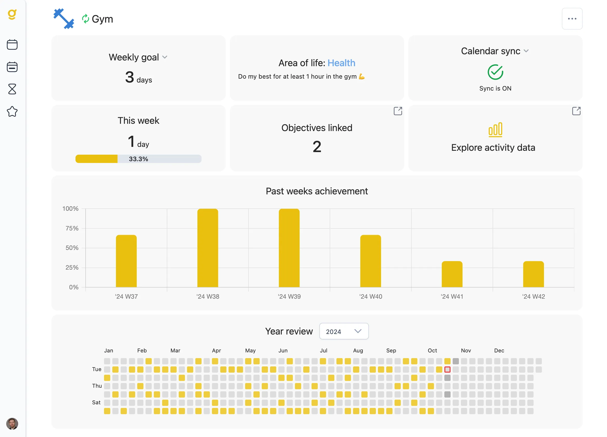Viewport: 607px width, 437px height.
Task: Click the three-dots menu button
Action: [572, 19]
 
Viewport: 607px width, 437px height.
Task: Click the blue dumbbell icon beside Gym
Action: [64, 19]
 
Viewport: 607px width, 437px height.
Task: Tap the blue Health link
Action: [341, 63]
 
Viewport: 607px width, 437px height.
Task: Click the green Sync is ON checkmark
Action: [495, 72]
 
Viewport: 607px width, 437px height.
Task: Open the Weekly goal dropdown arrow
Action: [165, 57]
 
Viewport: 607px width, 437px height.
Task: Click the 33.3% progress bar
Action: [138, 159]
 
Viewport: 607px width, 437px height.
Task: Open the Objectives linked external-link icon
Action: [397, 111]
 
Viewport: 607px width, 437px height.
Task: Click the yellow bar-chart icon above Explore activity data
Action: [495, 130]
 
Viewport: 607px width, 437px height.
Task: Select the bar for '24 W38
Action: [208, 248]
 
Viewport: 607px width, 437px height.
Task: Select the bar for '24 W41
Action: [452, 274]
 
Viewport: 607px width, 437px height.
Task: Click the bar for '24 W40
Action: [370, 261]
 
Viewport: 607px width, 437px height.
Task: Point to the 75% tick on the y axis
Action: [72, 228]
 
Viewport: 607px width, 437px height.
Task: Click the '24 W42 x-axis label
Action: [533, 296]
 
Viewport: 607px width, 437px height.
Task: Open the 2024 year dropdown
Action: [344, 331]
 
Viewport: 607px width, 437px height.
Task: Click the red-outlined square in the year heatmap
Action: [447, 370]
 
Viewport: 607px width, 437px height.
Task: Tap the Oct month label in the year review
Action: [432, 351]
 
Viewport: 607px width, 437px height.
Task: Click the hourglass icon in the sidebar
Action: [12, 89]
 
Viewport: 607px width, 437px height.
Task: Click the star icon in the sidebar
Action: [12, 111]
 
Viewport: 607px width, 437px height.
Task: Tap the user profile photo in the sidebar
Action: [12, 424]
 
